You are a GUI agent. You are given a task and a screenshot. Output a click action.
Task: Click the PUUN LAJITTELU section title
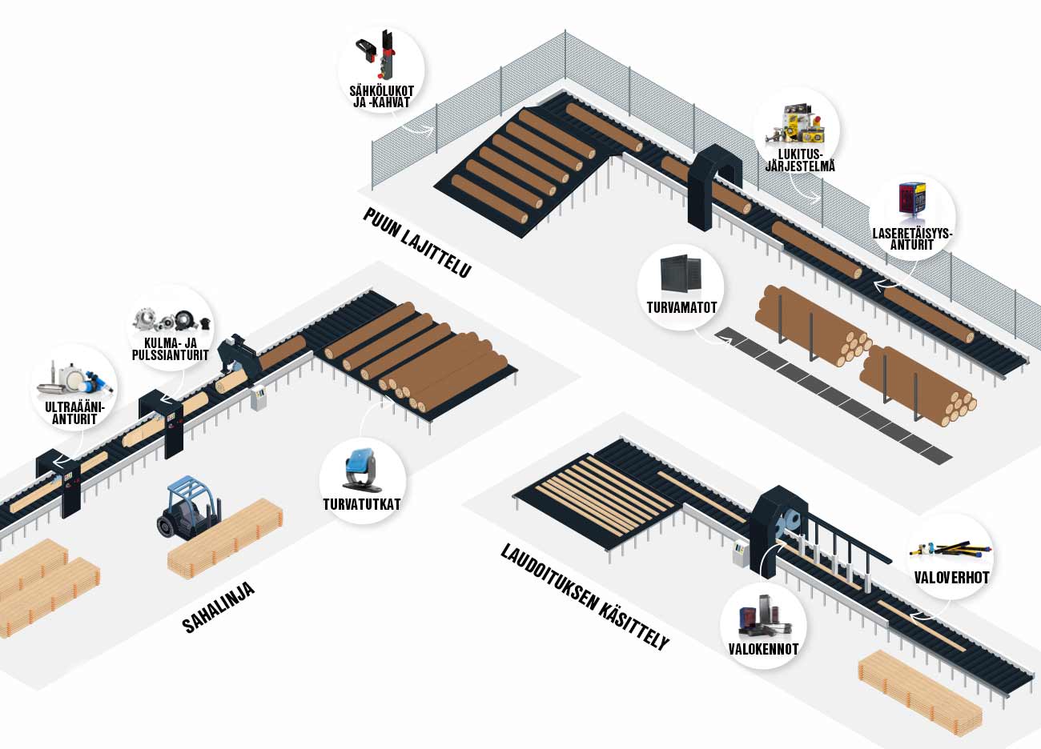[416, 242]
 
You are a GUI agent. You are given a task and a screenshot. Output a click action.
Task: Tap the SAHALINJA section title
[219, 607]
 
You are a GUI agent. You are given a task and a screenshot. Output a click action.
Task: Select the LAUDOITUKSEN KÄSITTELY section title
[584, 597]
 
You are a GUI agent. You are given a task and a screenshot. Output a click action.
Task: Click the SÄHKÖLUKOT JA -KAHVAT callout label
[381, 95]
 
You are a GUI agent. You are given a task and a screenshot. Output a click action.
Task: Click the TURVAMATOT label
[681, 306]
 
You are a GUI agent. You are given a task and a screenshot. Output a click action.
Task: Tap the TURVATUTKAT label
[361, 505]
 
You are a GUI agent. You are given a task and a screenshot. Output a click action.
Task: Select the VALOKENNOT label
[763, 649]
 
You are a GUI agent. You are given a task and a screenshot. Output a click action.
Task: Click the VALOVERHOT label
[951, 577]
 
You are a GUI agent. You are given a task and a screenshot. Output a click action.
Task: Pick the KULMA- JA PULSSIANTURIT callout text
[170, 349]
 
